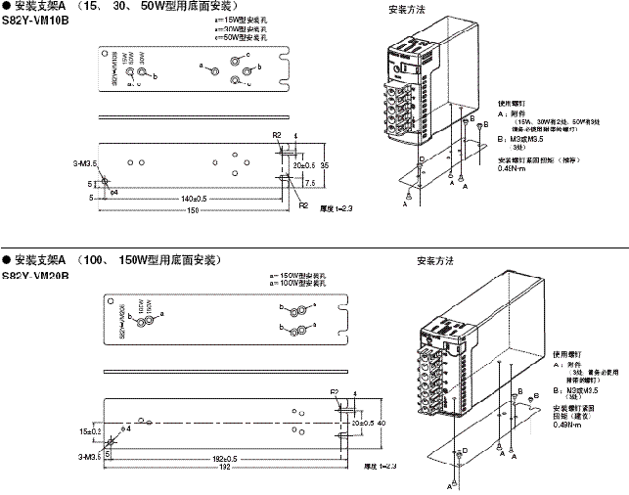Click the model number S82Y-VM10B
pos(35,18)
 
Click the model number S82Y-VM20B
pos(35,275)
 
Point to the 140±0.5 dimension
pos(192,198)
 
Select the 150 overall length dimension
pos(192,210)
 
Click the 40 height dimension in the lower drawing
pos(381,423)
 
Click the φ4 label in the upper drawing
pos(113,193)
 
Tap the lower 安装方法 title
pos(435,262)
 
